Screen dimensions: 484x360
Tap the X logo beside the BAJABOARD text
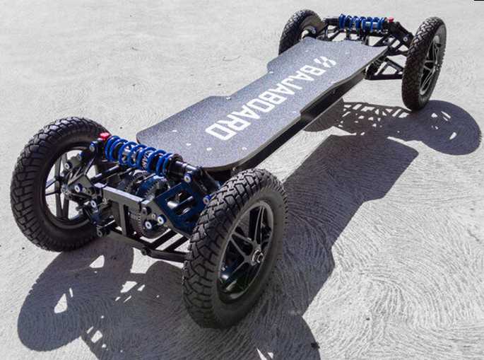click(327, 62)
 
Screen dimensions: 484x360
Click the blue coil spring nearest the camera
click(137, 154)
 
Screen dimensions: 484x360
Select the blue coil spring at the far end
click(360, 21)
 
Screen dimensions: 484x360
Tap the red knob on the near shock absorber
click(105, 136)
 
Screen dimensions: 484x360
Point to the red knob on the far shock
click(391, 20)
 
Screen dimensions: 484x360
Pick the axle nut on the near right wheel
click(257, 257)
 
